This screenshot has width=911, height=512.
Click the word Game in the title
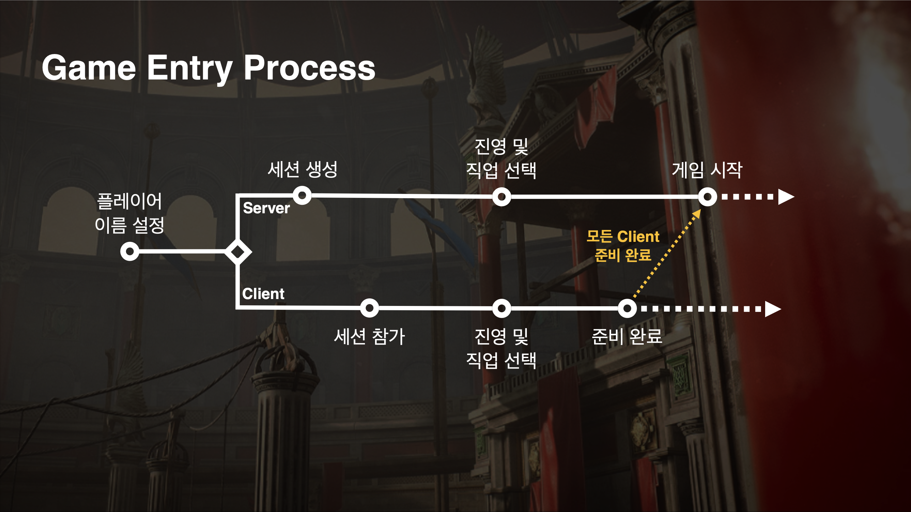tap(89, 68)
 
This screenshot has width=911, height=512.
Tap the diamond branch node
tap(238, 252)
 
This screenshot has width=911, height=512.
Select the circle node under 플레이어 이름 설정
tap(130, 252)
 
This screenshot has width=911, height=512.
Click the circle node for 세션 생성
tap(302, 195)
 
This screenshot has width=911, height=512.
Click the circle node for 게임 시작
tap(707, 197)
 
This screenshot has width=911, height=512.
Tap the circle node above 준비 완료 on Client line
tap(627, 308)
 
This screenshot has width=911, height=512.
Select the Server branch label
tap(266, 208)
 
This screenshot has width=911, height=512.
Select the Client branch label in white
tap(263, 294)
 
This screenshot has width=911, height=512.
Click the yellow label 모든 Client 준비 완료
tap(623, 246)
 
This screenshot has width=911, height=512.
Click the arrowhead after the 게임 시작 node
tap(786, 197)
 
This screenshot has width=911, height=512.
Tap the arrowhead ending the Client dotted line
tap(773, 309)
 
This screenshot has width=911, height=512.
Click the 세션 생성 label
tap(302, 169)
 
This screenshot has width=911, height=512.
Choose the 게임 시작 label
tap(707, 170)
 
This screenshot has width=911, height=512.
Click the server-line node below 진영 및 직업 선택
tap(501, 197)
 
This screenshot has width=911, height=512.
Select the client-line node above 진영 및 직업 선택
tap(501, 308)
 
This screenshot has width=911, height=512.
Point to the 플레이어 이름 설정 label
tap(130, 213)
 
